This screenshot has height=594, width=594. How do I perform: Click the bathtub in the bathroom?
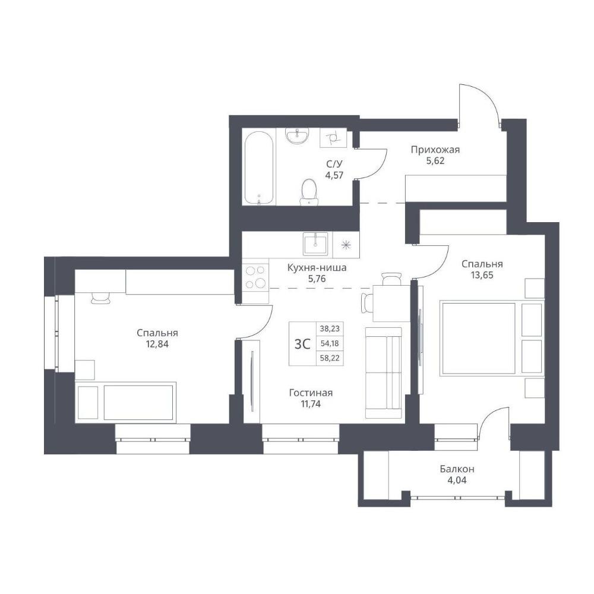point(259,168)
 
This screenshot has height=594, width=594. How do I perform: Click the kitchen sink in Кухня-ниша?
point(315,244)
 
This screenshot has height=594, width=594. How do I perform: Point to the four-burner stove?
point(255,277)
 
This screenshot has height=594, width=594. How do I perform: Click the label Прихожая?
point(435,150)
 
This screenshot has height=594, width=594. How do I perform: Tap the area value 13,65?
point(482,275)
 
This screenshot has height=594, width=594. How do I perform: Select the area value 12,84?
point(157,344)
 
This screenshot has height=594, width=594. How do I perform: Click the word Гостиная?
point(311,393)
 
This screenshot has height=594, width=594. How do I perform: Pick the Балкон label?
point(457,469)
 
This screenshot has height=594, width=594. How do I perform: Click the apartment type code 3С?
point(302,344)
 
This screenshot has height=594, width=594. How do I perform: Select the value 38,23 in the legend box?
point(330,329)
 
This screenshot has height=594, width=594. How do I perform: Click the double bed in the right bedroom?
point(491,339)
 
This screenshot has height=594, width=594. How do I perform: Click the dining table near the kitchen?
point(391,304)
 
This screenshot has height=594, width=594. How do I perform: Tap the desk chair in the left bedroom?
point(100,298)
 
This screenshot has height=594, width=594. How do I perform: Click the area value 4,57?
point(334,175)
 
